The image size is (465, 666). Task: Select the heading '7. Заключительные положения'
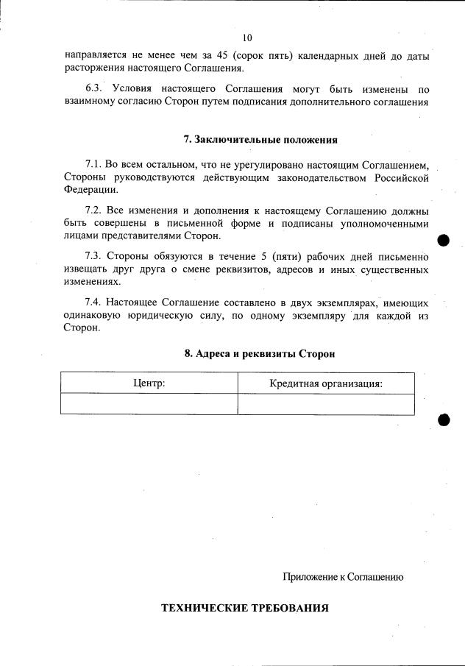pyautogui.click(x=260, y=140)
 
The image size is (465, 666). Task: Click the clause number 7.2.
pyautogui.click(x=94, y=210)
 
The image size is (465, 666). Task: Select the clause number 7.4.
pyautogui.click(x=94, y=302)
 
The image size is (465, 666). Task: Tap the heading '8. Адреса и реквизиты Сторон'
pyautogui.click(x=260, y=353)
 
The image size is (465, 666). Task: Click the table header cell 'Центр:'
pyautogui.click(x=149, y=383)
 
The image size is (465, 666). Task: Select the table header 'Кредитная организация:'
pyautogui.click(x=325, y=383)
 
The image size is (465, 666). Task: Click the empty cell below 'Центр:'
pyautogui.click(x=149, y=404)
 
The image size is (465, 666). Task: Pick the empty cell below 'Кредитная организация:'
pyautogui.click(x=325, y=404)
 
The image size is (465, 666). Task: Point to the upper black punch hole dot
pyautogui.click(x=443, y=241)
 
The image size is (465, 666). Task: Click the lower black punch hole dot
pyautogui.click(x=444, y=419)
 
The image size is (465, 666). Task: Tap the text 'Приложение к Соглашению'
pyautogui.click(x=343, y=577)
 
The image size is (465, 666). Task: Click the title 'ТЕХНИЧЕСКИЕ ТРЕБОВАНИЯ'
pyautogui.click(x=244, y=609)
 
